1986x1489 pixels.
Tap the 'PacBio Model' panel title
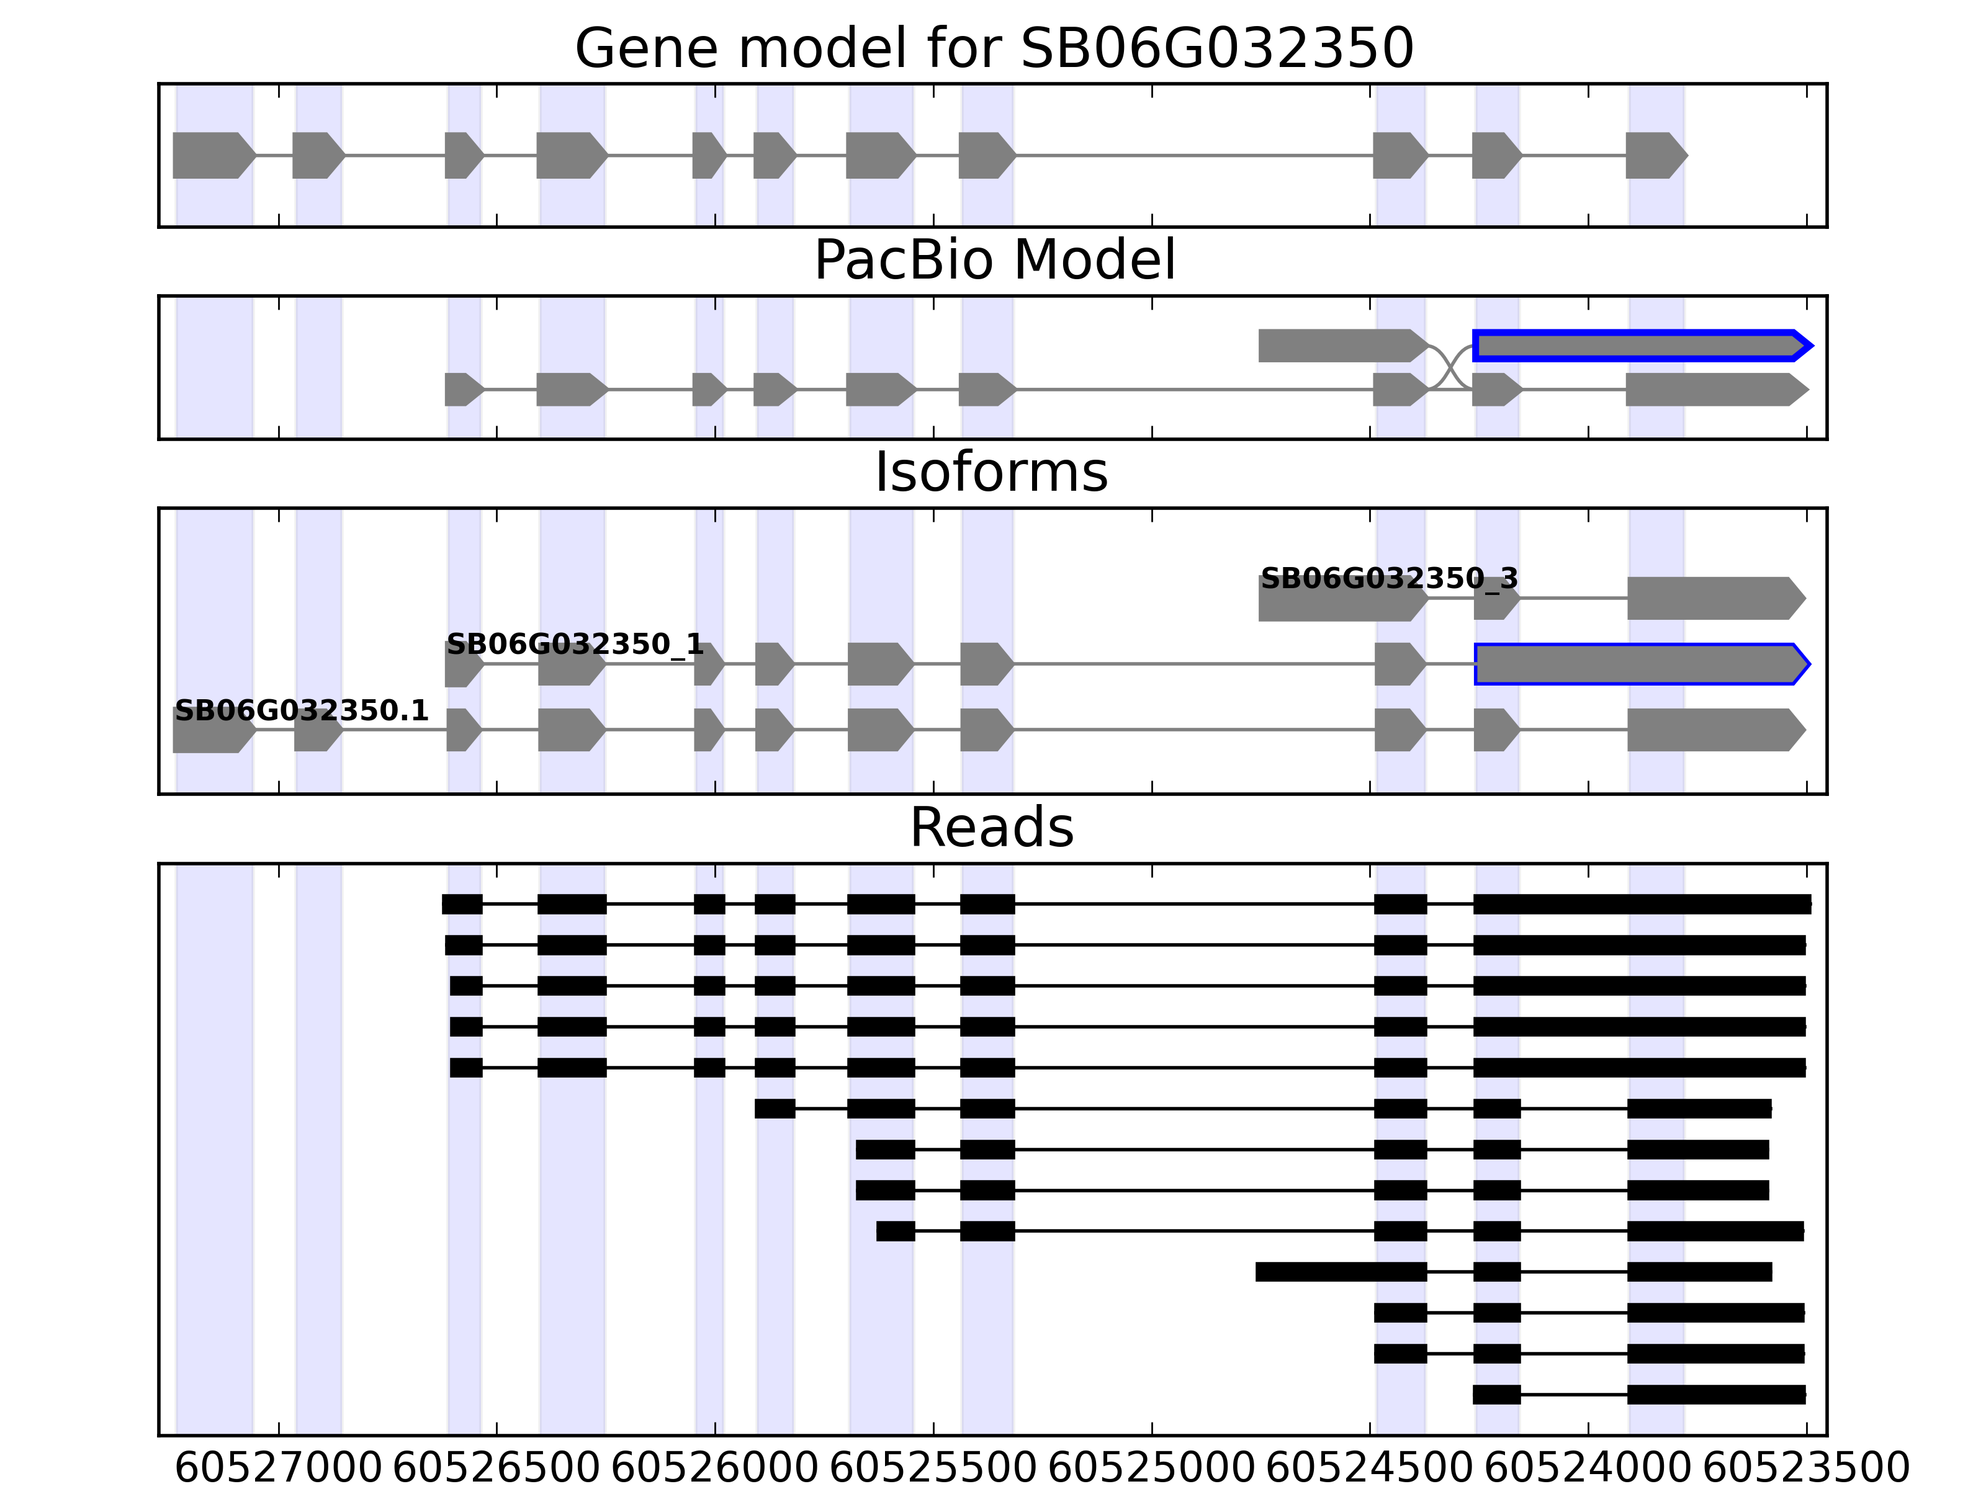tap(993, 261)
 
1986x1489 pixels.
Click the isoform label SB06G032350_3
tap(1388, 579)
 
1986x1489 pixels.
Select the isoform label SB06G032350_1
tap(575, 645)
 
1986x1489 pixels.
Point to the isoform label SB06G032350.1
tap(301, 711)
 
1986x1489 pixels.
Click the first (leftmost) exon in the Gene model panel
tap(212, 155)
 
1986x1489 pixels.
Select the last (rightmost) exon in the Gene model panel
tap(1655, 155)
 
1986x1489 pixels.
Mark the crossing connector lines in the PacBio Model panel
tap(1450, 367)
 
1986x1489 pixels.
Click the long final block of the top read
tap(1641, 904)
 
